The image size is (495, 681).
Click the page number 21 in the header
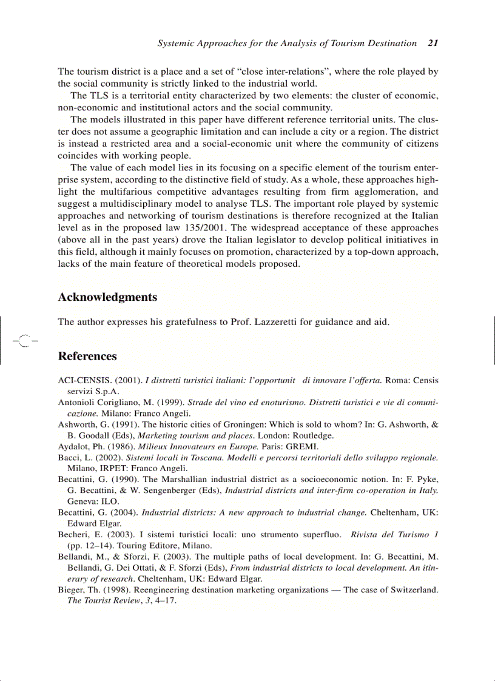[x=433, y=43]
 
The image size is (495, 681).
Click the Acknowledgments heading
[x=107, y=297]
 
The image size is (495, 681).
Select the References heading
[x=87, y=356]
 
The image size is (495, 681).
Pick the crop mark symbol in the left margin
[x=24, y=341]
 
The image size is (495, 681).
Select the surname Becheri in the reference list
[x=73, y=534]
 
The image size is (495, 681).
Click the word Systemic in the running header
[x=176, y=43]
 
